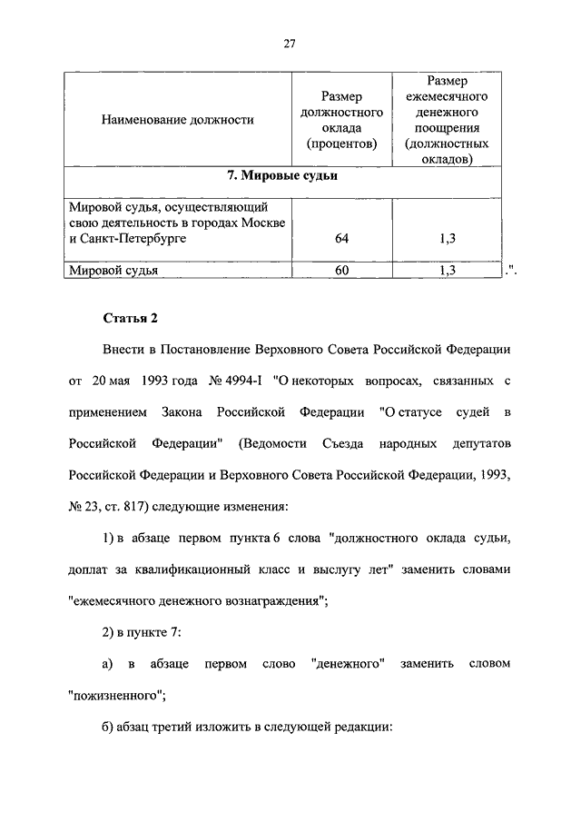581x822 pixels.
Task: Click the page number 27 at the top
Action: [x=290, y=43]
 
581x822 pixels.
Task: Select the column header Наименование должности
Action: [x=177, y=119]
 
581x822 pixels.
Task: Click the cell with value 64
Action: [x=340, y=238]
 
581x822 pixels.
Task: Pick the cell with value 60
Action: [x=340, y=270]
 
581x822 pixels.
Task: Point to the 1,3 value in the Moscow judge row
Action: [x=447, y=238]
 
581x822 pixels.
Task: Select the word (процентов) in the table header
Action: [x=340, y=143]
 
